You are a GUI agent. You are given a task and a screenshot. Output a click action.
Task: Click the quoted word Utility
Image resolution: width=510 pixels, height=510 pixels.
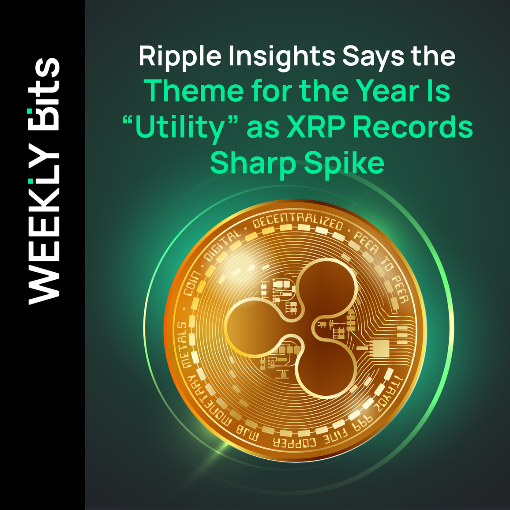click(180, 127)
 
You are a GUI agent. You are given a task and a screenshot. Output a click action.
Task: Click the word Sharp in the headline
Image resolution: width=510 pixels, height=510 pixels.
click(253, 163)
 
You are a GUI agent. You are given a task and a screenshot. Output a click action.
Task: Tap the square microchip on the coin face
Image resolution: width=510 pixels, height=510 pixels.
click(380, 349)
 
